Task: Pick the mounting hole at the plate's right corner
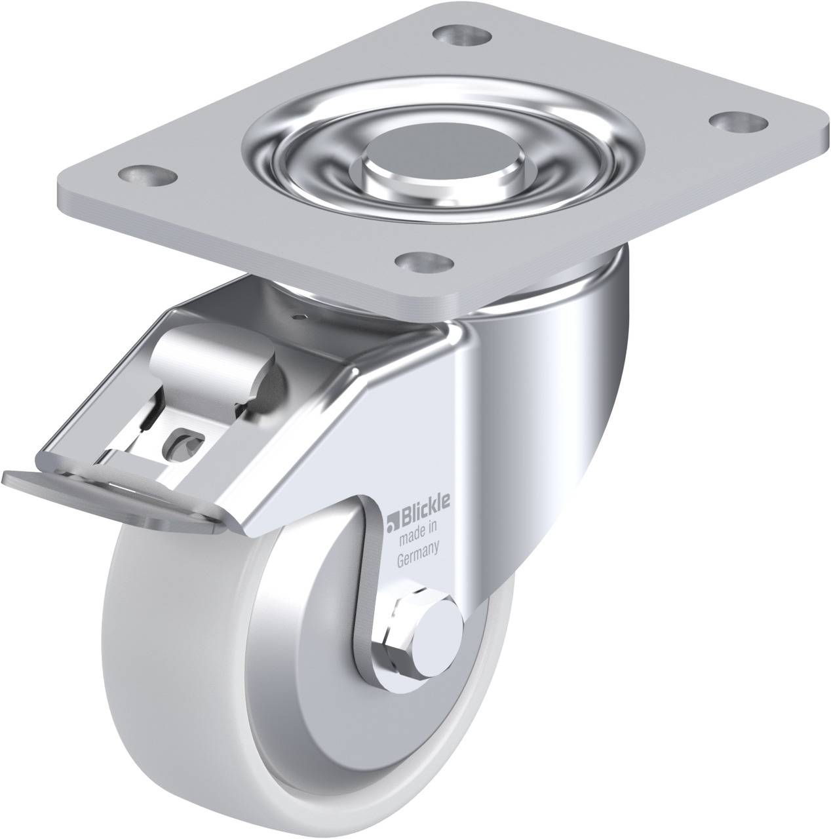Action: pyautogui.click(x=738, y=123)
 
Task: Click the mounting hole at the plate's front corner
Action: pyautogui.click(x=425, y=262)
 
